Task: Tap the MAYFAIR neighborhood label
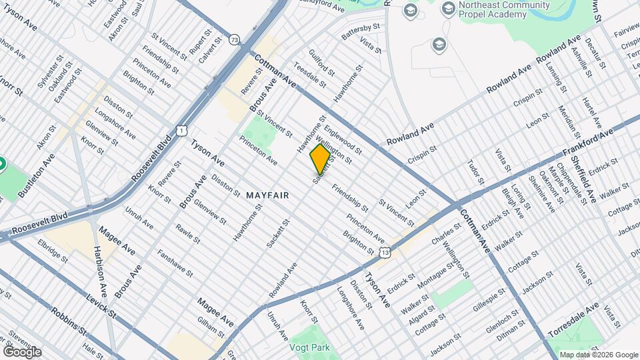(267, 195)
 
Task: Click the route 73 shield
(234, 41)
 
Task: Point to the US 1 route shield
(181, 129)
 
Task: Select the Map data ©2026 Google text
(598, 355)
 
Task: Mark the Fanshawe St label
(175, 264)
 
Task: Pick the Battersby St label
(360, 32)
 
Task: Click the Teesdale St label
(309, 77)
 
